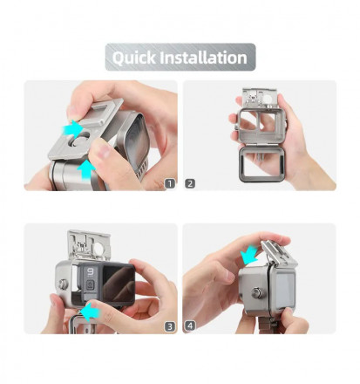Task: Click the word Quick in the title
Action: [x=134, y=58]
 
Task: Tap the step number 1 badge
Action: [x=170, y=183]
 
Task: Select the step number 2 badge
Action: [x=190, y=183]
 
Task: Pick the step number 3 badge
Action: [x=170, y=326]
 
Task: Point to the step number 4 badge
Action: [x=190, y=326]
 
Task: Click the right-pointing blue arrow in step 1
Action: [x=73, y=129]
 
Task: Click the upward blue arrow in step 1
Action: [x=86, y=168]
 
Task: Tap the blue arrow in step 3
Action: [x=91, y=312]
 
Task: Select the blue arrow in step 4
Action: [x=249, y=254]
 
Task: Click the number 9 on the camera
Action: [x=91, y=272]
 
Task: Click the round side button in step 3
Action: [x=63, y=284]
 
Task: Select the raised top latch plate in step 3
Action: [x=89, y=245]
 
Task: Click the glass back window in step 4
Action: [x=285, y=291]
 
